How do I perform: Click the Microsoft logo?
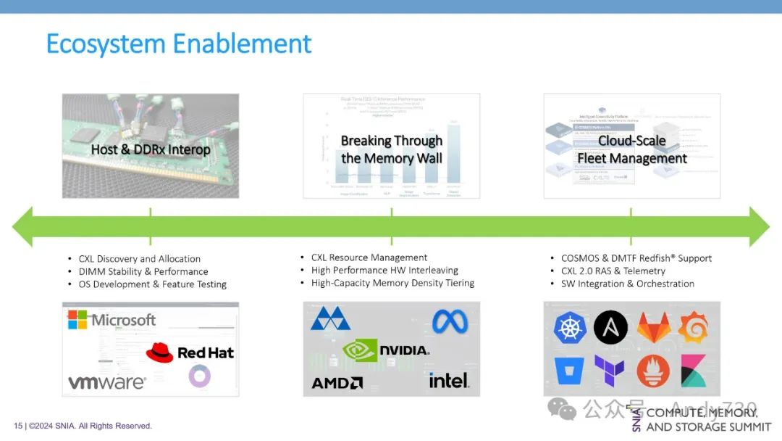pos(112,320)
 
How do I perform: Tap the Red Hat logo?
pos(190,353)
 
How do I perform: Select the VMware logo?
pos(107,382)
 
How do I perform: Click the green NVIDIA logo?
pos(386,350)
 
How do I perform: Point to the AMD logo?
pos(337,382)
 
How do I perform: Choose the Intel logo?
pos(449,379)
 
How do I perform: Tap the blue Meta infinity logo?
pos(450,321)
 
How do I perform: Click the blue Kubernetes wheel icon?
pos(570,328)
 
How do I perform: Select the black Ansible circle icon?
pos(610,328)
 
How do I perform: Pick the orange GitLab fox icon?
pos(653,328)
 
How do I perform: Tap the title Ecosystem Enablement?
pos(179,44)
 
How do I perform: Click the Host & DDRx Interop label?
pos(151,150)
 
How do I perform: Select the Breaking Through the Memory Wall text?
pos(392,149)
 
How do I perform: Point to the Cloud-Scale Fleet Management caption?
pos(632,149)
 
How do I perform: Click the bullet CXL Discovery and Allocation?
pos(140,259)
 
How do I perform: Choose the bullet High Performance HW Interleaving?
pos(384,271)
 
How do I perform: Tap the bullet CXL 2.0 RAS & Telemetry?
pos(613,271)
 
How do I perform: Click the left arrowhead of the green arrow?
pos(23,226)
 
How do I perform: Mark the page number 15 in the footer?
pos(18,426)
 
